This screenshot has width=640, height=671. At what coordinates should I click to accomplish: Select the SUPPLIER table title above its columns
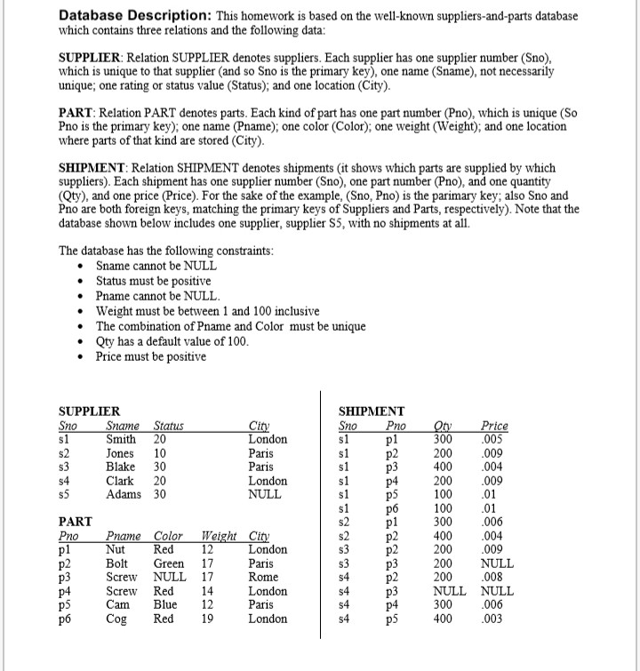click(x=89, y=411)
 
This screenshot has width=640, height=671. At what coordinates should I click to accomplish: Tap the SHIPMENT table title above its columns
click(x=372, y=411)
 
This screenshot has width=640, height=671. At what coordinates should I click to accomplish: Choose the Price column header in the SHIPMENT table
click(x=494, y=426)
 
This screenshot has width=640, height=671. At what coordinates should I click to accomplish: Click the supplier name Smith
click(x=121, y=439)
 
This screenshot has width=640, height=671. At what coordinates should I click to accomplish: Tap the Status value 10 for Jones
click(x=161, y=453)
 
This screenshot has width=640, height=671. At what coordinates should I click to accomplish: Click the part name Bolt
click(x=118, y=563)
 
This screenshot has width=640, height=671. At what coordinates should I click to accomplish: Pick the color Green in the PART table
click(x=169, y=563)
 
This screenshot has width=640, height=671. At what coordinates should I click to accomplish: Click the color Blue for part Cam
click(x=166, y=605)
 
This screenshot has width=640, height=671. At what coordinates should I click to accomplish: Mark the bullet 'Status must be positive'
click(x=140, y=281)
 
